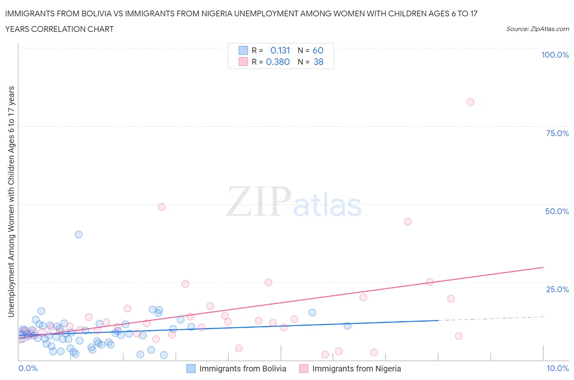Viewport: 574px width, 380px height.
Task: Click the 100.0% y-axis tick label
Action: (x=555, y=55)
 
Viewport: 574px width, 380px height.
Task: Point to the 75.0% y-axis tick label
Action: (x=557, y=133)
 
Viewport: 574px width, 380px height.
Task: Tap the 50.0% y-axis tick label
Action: (x=557, y=211)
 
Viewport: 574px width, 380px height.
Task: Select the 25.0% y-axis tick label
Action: (x=557, y=289)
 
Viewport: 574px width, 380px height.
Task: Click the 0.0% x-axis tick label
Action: (x=28, y=368)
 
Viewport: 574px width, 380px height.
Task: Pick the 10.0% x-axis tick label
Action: (x=558, y=368)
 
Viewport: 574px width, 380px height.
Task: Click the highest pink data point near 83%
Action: (x=470, y=102)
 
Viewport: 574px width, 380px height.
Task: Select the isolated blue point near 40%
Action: (x=78, y=234)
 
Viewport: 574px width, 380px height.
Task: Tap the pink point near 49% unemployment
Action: (x=162, y=207)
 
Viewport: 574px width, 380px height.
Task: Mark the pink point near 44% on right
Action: (x=407, y=221)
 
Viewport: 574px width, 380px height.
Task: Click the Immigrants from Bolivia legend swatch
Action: (x=191, y=369)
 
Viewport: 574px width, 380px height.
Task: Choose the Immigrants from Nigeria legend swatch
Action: (x=304, y=369)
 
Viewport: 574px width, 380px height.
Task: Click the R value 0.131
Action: (x=280, y=50)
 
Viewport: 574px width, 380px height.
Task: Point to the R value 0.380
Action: (x=278, y=62)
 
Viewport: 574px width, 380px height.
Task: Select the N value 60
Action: (x=318, y=50)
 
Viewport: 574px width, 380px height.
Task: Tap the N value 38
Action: (x=318, y=62)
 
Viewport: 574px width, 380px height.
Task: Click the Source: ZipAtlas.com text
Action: (x=537, y=29)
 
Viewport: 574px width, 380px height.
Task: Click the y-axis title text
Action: (x=11, y=201)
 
